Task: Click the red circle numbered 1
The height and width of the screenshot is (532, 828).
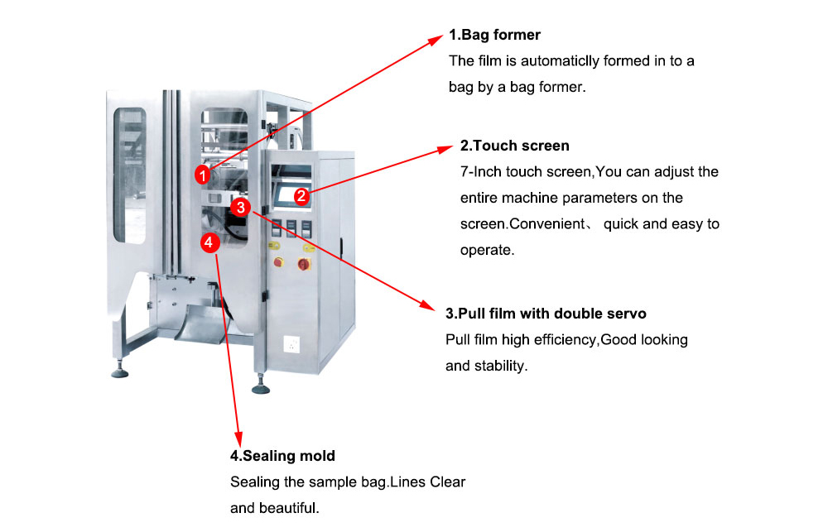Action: [x=203, y=175]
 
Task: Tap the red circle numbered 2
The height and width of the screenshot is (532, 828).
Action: [x=302, y=196]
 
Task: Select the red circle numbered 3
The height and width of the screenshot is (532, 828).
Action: [x=240, y=208]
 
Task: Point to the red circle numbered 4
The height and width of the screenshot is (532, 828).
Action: [x=210, y=242]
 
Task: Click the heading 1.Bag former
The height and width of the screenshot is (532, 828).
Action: [x=494, y=35]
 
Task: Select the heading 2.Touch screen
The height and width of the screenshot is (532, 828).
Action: [x=514, y=146]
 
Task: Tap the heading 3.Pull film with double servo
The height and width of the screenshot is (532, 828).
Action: [x=546, y=314]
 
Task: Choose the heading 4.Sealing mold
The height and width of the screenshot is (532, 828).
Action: [x=282, y=456]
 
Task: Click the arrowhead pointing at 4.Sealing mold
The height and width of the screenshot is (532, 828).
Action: [x=241, y=439]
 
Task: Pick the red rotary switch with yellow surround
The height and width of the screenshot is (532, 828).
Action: [x=304, y=264]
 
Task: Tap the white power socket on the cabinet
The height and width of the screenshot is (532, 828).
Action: [x=291, y=342]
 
